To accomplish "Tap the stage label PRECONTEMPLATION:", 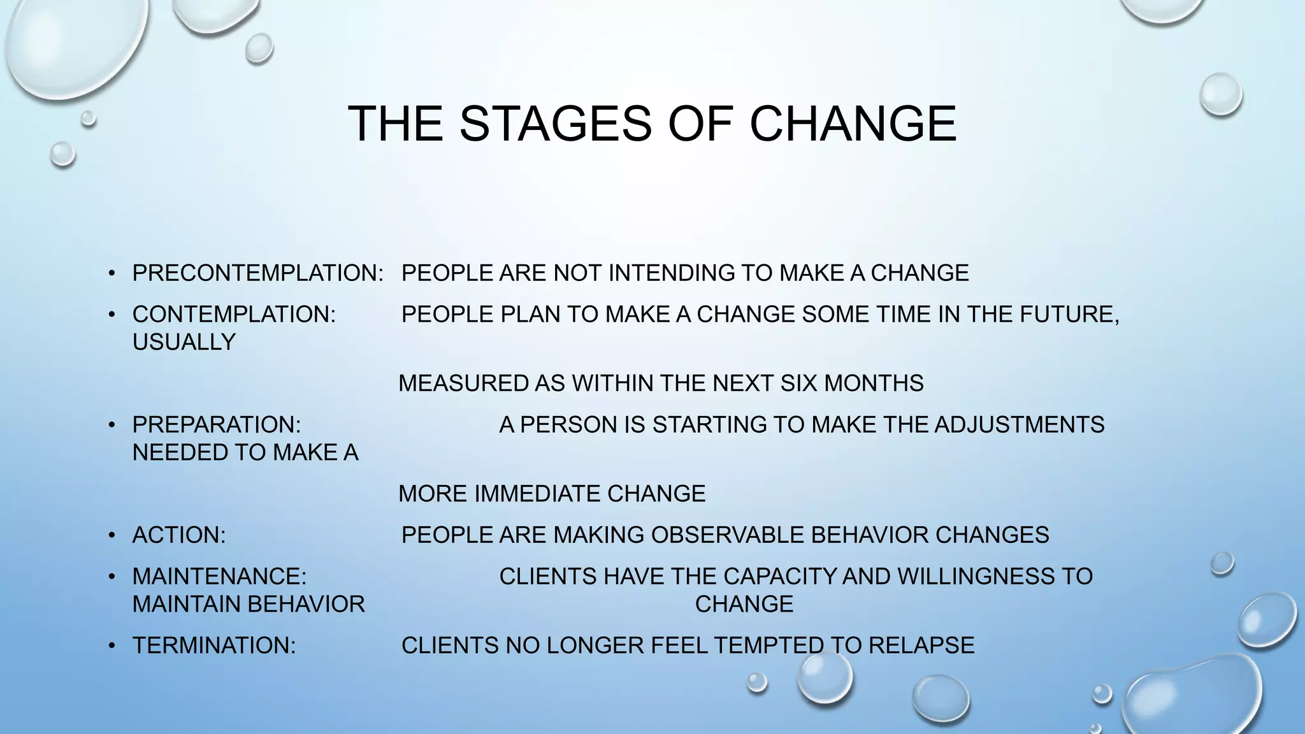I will coord(257,273).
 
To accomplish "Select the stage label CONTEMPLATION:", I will coord(234,314).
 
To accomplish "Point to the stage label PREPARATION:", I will coord(217,424).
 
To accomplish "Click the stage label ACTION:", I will coord(179,535).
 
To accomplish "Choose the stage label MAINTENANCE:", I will coord(219,576).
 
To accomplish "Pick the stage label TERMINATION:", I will coord(214,645).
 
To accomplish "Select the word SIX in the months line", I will coord(799,383).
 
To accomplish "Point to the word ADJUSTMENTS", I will coord(1019,424).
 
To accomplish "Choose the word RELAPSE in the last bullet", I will coord(921,645).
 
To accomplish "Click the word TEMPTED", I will coord(767,645).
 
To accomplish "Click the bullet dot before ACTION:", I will coord(112,535).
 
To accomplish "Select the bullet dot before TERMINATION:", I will coord(112,646).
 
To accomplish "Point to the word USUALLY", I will coord(184,342).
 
